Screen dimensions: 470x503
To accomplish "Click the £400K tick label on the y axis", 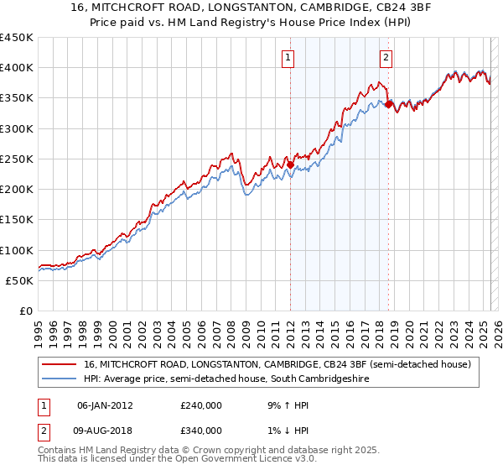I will click(x=17, y=68).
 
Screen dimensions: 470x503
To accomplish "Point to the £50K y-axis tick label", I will click(x=20, y=280).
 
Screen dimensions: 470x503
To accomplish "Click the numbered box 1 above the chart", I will click(x=288, y=58).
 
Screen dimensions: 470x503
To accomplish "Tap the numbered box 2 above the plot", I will click(x=386, y=58).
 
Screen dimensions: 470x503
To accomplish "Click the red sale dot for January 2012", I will click(x=290, y=164).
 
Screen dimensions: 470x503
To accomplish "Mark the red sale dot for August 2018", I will click(x=388, y=104).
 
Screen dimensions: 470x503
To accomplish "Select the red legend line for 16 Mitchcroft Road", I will click(x=59, y=364).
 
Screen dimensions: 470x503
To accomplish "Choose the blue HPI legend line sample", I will click(x=59, y=379).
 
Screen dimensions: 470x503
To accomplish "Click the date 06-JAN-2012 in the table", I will click(x=105, y=405).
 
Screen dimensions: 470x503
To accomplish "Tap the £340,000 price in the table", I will click(x=201, y=431).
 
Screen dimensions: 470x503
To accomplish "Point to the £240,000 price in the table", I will click(x=201, y=405).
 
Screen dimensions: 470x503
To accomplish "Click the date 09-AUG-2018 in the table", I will click(x=106, y=431).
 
